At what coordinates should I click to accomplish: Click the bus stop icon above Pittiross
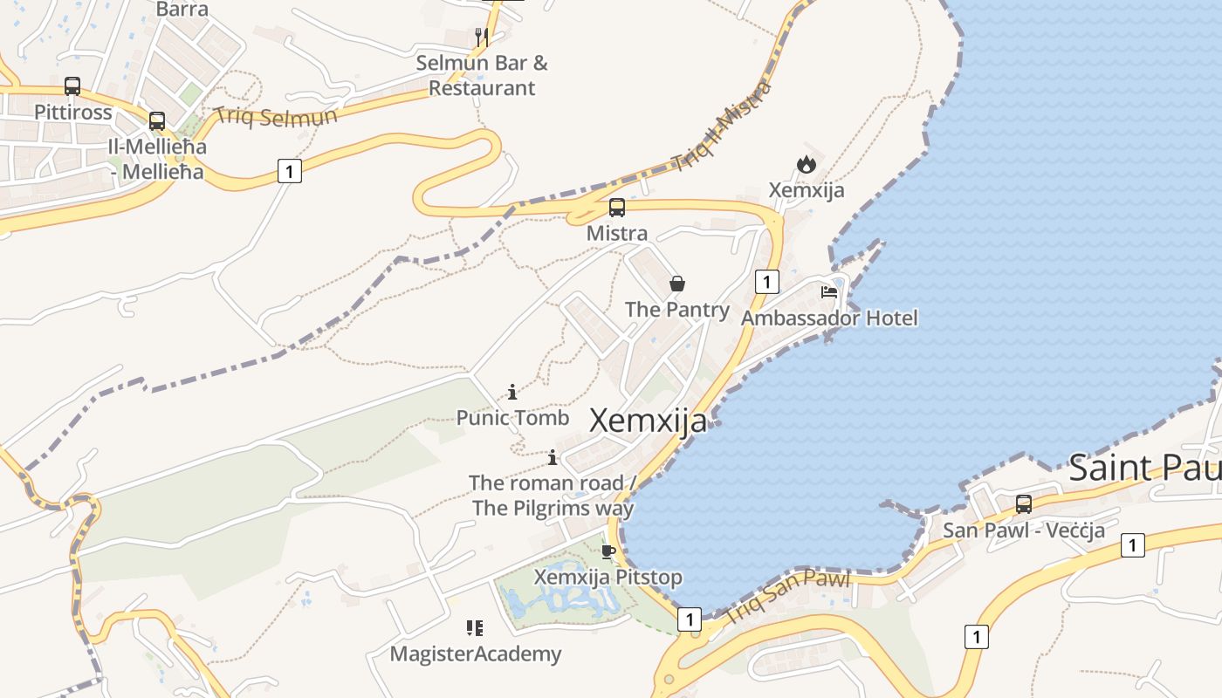[72, 86]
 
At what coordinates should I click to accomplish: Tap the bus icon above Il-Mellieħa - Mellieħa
[157, 120]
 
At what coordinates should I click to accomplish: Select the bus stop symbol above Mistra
[617, 208]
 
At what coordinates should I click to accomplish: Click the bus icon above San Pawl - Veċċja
[1024, 503]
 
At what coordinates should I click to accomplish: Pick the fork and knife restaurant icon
[481, 37]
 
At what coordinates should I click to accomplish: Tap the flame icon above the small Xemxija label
[806, 164]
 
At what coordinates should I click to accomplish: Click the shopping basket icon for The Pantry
[677, 284]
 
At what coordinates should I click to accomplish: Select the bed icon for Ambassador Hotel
[829, 291]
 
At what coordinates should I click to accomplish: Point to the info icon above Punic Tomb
[512, 393]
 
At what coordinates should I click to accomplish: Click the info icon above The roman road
[552, 457]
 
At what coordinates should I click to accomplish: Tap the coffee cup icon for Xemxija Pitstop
[608, 551]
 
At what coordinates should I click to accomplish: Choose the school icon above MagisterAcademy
[475, 627]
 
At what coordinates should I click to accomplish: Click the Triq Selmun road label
[276, 116]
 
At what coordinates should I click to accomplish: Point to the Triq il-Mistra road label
[723, 127]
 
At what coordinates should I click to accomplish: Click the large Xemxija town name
[649, 421]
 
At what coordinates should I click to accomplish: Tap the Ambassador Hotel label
[829, 318]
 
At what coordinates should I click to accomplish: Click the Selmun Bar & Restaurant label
[482, 75]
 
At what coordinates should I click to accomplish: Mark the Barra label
[182, 10]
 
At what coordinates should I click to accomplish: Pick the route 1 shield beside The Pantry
[766, 282]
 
